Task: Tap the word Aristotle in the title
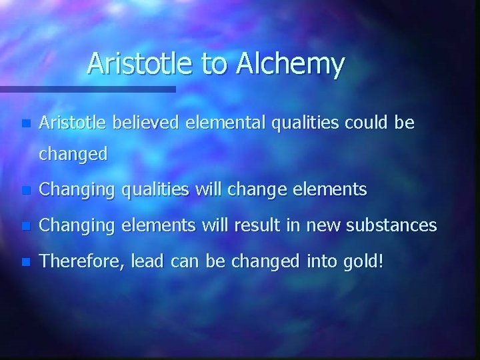pos(141,64)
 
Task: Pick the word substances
pos(397,226)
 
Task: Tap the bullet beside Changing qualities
pos(25,191)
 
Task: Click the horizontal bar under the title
pos(87,88)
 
